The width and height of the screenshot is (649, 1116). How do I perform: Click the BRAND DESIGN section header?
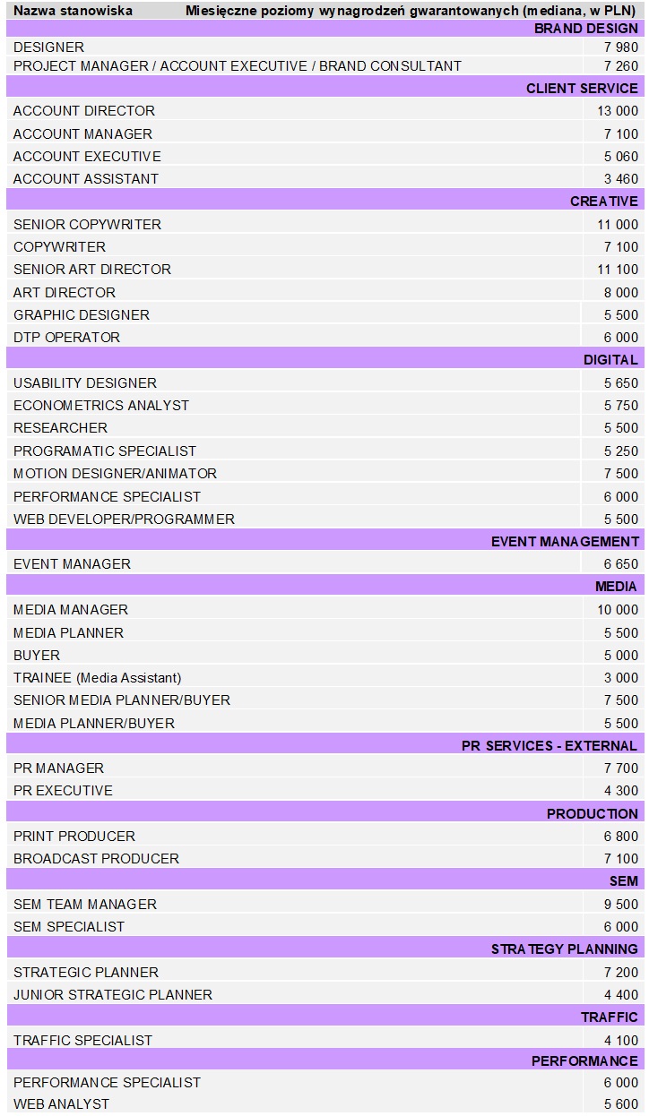pyautogui.click(x=586, y=28)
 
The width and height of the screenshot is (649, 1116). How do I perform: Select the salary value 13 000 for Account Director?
pyautogui.click(x=618, y=111)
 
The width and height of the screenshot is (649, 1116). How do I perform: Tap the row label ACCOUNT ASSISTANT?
pyautogui.click(x=86, y=179)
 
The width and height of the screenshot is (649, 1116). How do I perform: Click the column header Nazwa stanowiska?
pyautogui.click(x=74, y=11)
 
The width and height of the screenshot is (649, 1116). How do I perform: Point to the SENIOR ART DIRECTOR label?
pyautogui.click(x=92, y=270)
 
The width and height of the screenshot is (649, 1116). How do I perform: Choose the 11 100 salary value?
pyautogui.click(x=618, y=270)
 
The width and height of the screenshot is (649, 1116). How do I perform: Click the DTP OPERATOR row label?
pyautogui.click(x=67, y=338)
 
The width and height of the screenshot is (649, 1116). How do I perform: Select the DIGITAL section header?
pyautogui.click(x=610, y=360)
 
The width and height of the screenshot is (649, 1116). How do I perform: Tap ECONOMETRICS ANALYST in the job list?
pyautogui.click(x=101, y=406)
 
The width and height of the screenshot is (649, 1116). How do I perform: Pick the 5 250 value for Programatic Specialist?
pyautogui.click(x=621, y=451)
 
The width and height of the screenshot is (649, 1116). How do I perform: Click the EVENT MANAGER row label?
pyautogui.click(x=72, y=564)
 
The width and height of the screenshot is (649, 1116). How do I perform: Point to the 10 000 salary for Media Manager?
pyautogui.click(x=618, y=610)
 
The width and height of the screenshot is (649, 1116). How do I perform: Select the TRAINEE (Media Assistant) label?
pyautogui.click(x=97, y=678)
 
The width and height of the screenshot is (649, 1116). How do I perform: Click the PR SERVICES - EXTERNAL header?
pyautogui.click(x=549, y=746)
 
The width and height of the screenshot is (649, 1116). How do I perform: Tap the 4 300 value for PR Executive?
pyautogui.click(x=621, y=791)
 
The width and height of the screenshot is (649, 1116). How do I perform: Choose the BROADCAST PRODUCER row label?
pyautogui.click(x=96, y=859)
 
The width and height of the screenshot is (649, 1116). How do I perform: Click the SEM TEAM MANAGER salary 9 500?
pyautogui.click(x=621, y=905)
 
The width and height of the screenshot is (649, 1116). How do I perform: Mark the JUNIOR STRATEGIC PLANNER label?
pyautogui.click(x=113, y=995)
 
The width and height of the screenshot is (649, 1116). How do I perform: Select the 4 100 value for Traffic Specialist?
pyautogui.click(x=621, y=1041)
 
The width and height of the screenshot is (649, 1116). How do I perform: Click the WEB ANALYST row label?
pyautogui.click(x=61, y=1104)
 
